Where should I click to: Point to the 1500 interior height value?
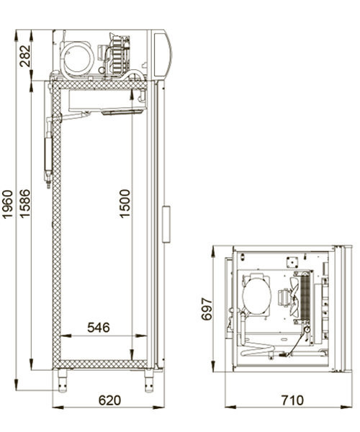click(x=125, y=204)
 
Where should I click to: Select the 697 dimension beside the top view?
click(x=207, y=309)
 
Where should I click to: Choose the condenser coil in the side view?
click(x=117, y=54)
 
